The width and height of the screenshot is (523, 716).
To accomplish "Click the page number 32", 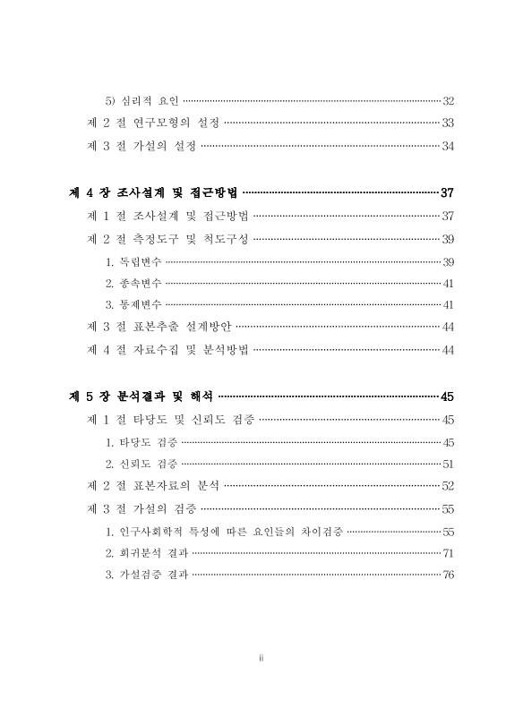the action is (449, 100).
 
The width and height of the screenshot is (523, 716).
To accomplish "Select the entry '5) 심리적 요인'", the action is (142, 100).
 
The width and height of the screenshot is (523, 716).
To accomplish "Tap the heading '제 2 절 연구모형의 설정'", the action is (152, 123).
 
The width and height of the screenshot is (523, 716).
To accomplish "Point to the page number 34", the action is (449, 145).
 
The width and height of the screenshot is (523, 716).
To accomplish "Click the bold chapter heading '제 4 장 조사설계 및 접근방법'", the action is (154, 192).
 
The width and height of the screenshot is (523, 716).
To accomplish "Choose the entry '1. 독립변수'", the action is (133, 261).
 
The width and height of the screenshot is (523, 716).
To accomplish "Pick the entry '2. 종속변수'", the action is (133, 283).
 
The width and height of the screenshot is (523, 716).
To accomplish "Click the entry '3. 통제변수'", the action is (133, 305).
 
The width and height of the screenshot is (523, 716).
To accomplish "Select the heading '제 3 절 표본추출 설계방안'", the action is (159, 328).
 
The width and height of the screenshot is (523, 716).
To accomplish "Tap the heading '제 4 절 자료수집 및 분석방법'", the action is (167, 350).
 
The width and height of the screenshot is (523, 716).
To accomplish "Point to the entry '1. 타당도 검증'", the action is (141, 442).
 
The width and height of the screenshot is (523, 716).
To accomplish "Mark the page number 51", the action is (449, 465).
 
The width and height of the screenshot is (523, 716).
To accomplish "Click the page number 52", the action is (449, 487).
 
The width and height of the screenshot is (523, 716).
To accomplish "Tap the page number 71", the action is (449, 553).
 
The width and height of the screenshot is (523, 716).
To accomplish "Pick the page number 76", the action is (449, 575).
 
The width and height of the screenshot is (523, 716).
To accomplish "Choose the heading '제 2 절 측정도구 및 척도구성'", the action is (167, 239).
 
